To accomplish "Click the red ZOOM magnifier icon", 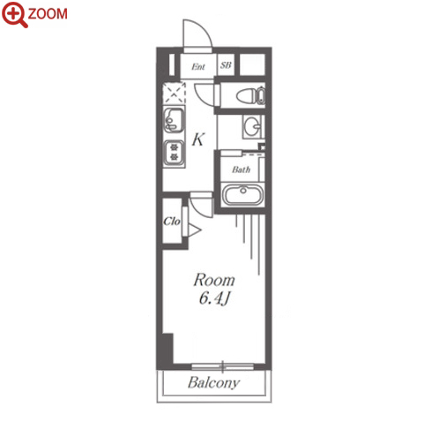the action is (15, 14).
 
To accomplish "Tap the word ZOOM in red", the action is (48, 14).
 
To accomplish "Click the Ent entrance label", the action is (198, 67).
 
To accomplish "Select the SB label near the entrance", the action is (226, 65).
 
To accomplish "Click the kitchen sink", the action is (174, 120).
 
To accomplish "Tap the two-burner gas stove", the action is (175, 152).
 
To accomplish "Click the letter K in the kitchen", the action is (198, 139).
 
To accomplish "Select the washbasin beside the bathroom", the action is (252, 126).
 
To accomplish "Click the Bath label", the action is (241, 170).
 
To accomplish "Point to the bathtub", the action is (243, 194).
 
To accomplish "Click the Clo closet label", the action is (172, 221).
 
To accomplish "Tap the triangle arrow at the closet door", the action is (194, 230).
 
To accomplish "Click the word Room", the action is (214, 280).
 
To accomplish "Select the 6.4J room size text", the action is (214, 298).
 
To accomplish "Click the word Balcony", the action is (213, 383).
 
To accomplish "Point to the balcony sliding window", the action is (222, 366).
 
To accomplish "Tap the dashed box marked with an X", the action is (175, 93).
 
